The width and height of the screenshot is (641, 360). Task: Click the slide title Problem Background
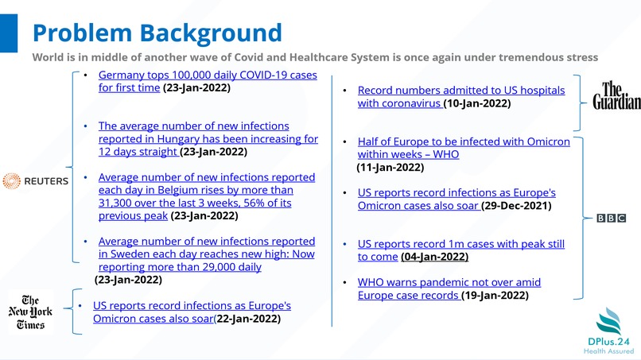pyautogui.click(x=157, y=33)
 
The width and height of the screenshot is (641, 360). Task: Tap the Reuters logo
pyautogui.click(x=36, y=181)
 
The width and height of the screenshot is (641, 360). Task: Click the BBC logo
pyautogui.click(x=611, y=218)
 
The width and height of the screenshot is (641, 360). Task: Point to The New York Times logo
pyautogui.click(x=30, y=312)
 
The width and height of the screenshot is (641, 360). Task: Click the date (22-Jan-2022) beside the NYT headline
pyautogui.click(x=247, y=319)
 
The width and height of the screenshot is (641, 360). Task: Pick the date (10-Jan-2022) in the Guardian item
pyautogui.click(x=476, y=103)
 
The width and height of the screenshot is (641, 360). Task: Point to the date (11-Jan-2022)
pyautogui.click(x=390, y=168)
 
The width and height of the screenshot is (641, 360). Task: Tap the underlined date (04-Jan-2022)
pyautogui.click(x=434, y=257)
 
